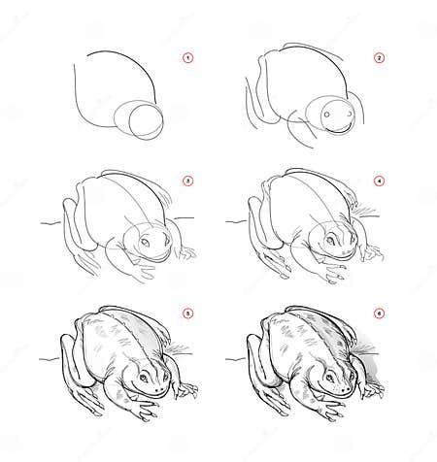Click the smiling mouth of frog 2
[x=338, y=124]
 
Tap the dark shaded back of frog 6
[x=320, y=325]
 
